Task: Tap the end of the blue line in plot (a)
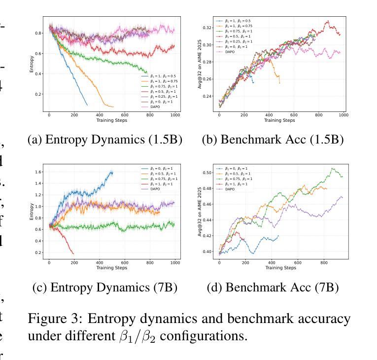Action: pos(87,105)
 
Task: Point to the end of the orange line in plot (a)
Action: pos(113,107)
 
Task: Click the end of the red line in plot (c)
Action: pos(74,253)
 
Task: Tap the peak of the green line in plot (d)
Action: pos(332,168)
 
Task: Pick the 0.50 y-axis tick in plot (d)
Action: pos(209,173)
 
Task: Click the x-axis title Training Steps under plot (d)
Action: pos(281,268)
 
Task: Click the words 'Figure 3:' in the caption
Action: pos(50,319)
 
